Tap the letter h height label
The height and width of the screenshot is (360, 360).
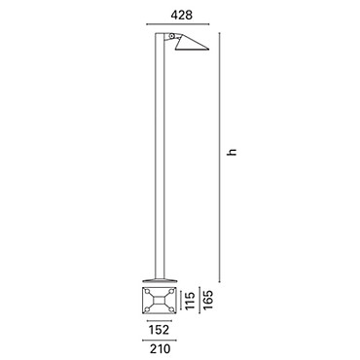pos(232,152)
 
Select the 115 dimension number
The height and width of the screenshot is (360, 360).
pos(190,301)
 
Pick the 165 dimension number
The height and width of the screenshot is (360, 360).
pos(207,300)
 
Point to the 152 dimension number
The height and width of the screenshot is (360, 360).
pos(160,330)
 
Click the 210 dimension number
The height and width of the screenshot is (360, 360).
pos(160,349)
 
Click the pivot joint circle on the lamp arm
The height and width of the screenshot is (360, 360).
pos(171,36)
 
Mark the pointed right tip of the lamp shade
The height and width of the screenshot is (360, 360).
pos(209,50)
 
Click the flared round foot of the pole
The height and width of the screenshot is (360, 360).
pos(160,280)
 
